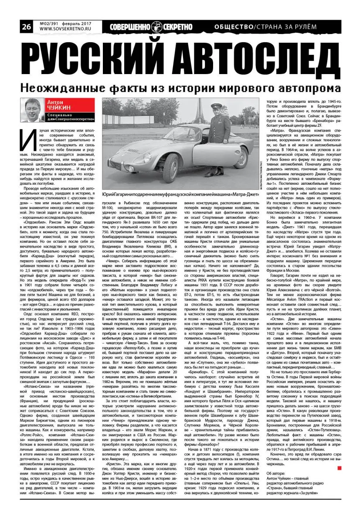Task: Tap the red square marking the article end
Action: tap(340, 468)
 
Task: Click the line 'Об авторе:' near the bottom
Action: tap(278, 474)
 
